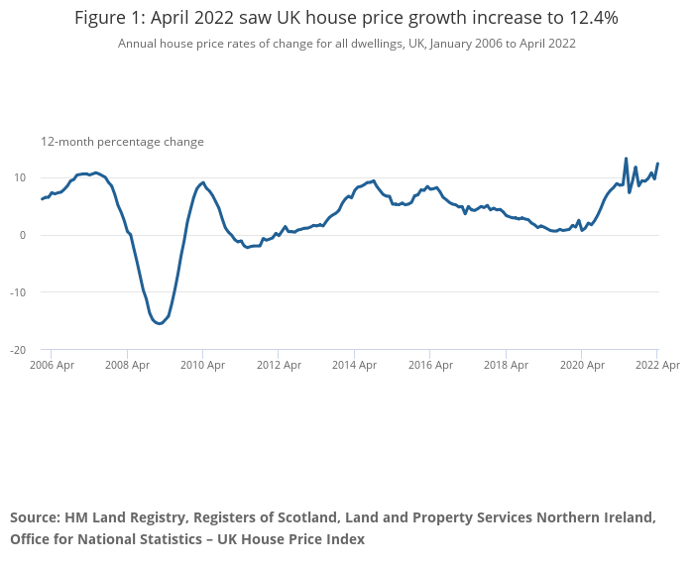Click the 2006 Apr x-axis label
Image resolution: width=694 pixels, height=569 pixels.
point(52,365)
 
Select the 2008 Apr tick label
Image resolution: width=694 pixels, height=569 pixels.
point(127,365)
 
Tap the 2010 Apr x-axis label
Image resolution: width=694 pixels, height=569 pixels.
point(202,365)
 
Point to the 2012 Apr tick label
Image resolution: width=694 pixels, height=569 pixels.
point(279,365)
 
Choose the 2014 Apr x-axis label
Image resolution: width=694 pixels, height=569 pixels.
point(354,365)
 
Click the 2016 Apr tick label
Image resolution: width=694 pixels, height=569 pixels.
point(429,365)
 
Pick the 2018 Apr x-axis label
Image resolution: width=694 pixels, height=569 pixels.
point(506,365)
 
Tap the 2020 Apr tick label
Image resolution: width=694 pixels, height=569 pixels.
point(581,365)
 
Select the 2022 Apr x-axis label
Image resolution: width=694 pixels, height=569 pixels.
point(656,365)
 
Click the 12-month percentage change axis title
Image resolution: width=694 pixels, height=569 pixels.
point(122,142)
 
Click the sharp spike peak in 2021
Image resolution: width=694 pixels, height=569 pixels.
point(626,159)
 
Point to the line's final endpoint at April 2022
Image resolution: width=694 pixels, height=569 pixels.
point(657,164)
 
